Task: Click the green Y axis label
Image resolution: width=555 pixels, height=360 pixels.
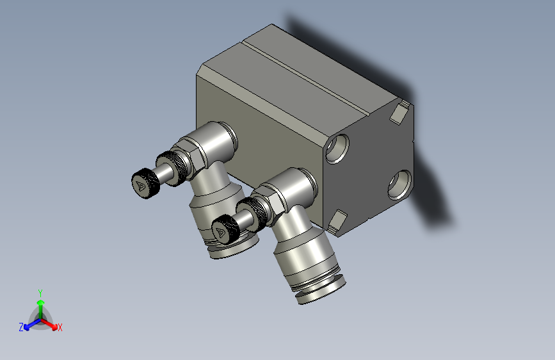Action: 40,291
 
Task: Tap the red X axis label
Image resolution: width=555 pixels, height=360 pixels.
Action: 60,327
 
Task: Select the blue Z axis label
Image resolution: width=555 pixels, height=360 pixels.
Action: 21,327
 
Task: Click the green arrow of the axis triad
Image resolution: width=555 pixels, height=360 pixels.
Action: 40,304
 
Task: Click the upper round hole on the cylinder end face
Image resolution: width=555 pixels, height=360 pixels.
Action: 337,148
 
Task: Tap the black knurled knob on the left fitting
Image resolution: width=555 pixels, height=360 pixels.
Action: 145,184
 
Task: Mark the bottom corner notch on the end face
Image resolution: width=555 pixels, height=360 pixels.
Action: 338,222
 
